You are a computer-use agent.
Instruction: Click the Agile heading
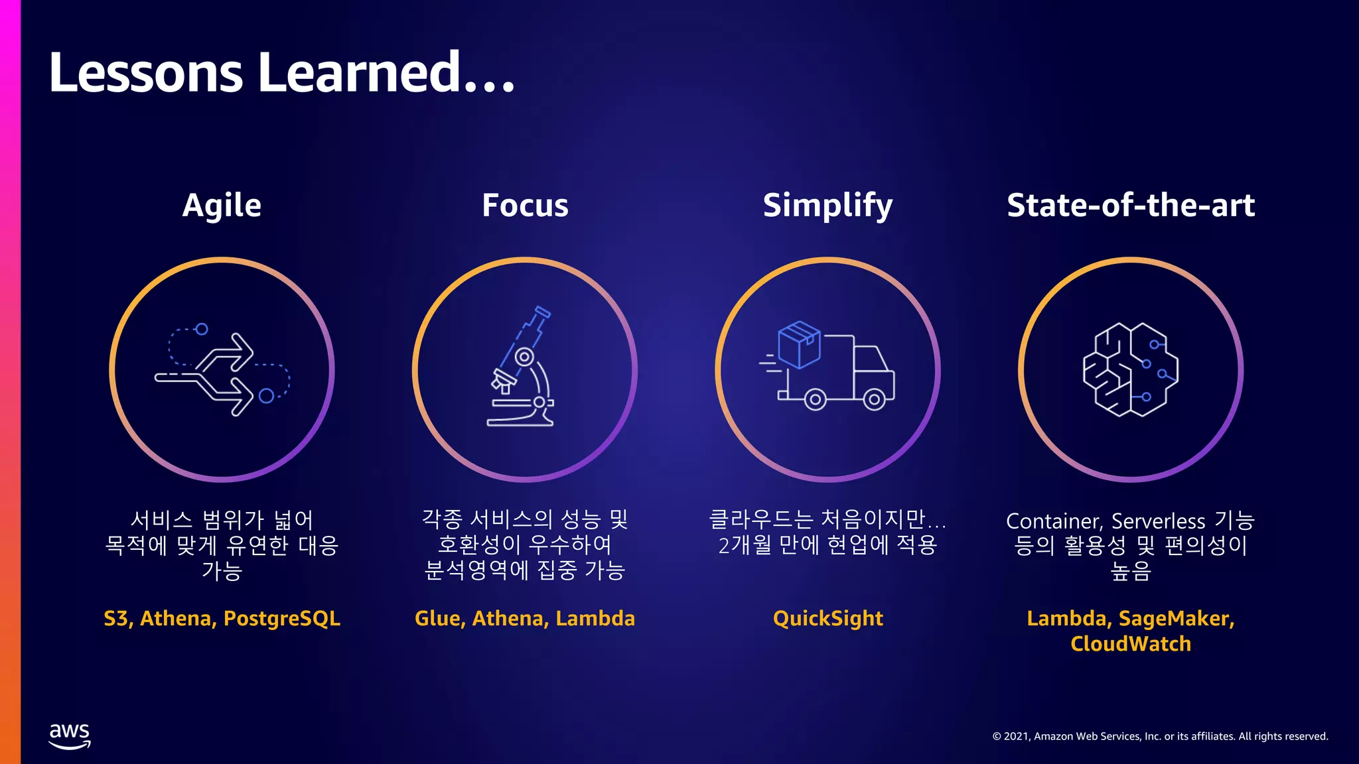pyautogui.click(x=222, y=206)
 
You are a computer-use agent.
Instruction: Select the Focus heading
pyautogui.click(x=525, y=206)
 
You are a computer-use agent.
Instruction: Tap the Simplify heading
pyautogui.click(x=827, y=206)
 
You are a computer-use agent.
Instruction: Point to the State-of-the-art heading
pyautogui.click(x=1131, y=206)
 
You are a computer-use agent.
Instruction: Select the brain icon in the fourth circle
pyautogui.click(x=1130, y=369)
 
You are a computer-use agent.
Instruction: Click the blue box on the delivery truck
pyautogui.click(x=799, y=344)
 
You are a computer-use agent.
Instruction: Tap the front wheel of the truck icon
pyautogui.click(x=874, y=399)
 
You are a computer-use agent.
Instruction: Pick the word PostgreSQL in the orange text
pyautogui.click(x=282, y=619)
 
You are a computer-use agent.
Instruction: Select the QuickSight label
pyautogui.click(x=827, y=619)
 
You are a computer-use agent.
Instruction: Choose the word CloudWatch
pyautogui.click(x=1130, y=644)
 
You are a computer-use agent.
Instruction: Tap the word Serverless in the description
pyautogui.click(x=1158, y=521)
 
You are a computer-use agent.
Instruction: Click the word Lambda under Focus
pyautogui.click(x=595, y=619)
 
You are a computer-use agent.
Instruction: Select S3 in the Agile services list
pyautogui.click(x=117, y=619)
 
